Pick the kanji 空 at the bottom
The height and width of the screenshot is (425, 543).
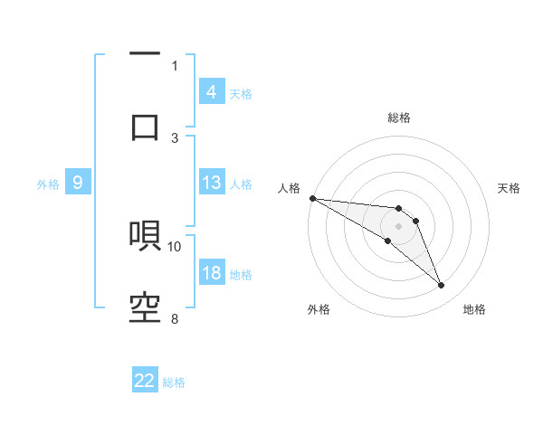click(145, 307)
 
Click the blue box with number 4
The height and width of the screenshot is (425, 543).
click(211, 92)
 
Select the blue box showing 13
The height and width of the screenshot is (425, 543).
click(211, 183)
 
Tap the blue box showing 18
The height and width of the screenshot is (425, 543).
click(211, 274)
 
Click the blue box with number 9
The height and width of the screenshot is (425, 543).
click(78, 184)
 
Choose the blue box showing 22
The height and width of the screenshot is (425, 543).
click(145, 381)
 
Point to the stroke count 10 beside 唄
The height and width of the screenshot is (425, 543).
click(175, 246)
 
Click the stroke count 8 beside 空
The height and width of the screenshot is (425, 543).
click(175, 318)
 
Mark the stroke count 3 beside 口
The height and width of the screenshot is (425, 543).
click(175, 137)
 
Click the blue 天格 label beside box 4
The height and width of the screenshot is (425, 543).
click(241, 93)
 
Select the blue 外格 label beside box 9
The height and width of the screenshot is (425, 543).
click(48, 184)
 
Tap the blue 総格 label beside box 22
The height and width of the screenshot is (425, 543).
click(175, 382)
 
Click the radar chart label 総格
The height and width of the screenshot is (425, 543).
click(399, 118)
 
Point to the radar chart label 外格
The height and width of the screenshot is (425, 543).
click(319, 309)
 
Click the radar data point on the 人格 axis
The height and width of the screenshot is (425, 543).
click(312, 197)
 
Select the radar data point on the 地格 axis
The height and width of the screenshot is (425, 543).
click(442, 286)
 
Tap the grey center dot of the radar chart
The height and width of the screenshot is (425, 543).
click(399, 226)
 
